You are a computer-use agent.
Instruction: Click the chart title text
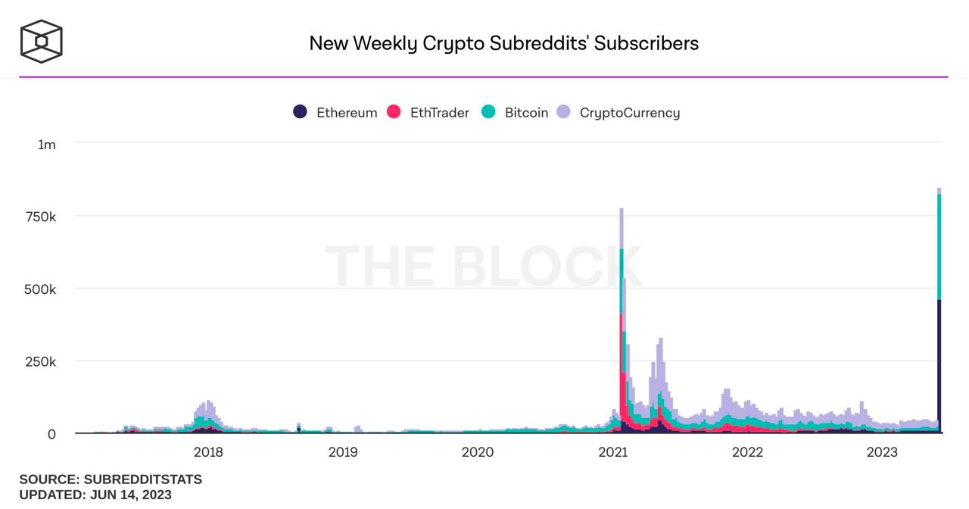coord(503,43)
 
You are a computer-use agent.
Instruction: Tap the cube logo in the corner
coord(41,41)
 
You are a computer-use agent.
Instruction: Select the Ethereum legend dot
coord(301,112)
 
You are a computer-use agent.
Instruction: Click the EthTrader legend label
coord(439,113)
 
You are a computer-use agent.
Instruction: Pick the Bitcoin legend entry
coord(526,113)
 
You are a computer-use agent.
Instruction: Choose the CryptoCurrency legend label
coord(629,113)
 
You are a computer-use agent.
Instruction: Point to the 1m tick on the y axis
coord(47,144)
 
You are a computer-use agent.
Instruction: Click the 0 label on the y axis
coord(51,434)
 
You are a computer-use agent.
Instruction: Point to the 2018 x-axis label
coord(208,453)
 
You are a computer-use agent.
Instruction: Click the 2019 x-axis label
coord(343,453)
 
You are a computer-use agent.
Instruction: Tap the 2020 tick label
coord(478,453)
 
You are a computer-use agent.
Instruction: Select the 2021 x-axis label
coord(612,453)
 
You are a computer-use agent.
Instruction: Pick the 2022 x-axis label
coord(747,453)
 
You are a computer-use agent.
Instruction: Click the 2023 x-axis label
coord(882,453)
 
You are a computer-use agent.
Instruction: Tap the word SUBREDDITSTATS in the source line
coord(143,480)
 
